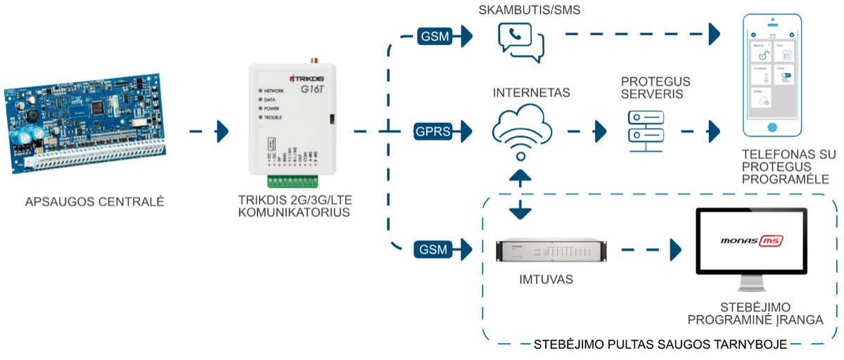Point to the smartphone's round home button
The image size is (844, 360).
[x=773, y=128]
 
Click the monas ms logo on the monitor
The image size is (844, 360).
[x=752, y=241]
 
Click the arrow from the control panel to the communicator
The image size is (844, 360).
[x=210, y=131]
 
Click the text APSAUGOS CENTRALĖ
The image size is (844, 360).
[x=94, y=202]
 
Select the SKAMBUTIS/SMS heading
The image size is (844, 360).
[x=524, y=10]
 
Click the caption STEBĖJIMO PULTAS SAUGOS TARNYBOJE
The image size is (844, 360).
[x=660, y=345]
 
